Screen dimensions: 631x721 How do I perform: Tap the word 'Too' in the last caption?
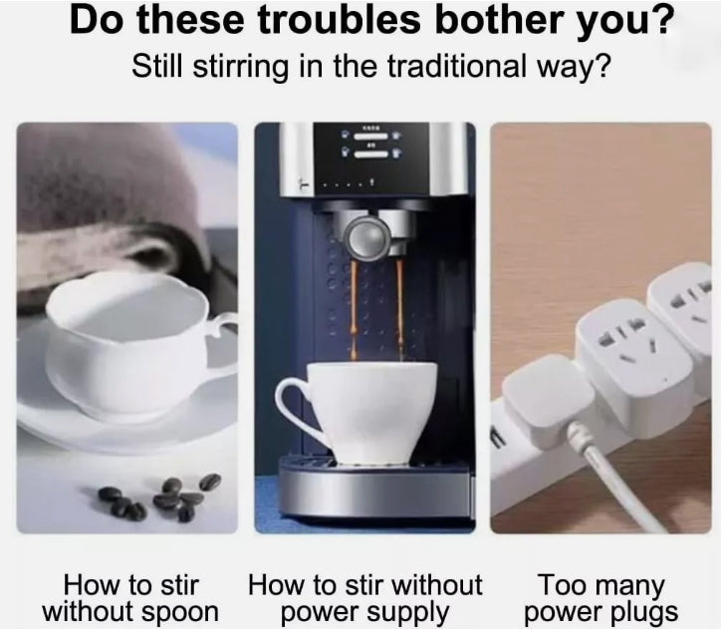561,583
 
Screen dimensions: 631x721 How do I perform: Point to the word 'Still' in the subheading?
157,68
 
